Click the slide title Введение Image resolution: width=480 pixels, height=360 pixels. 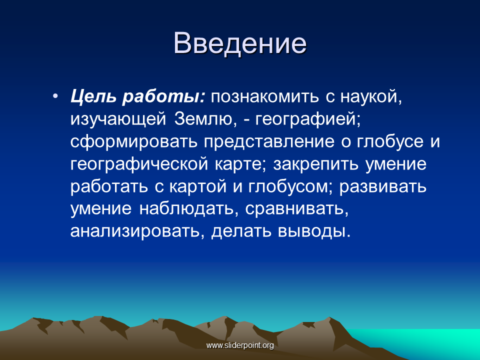[x=240, y=43]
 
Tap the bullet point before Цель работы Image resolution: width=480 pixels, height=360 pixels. [x=55, y=96]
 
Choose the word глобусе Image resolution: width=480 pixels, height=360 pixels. [x=389, y=141]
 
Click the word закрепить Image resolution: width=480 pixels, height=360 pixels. [x=315, y=164]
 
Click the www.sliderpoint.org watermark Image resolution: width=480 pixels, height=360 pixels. [x=240, y=345]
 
